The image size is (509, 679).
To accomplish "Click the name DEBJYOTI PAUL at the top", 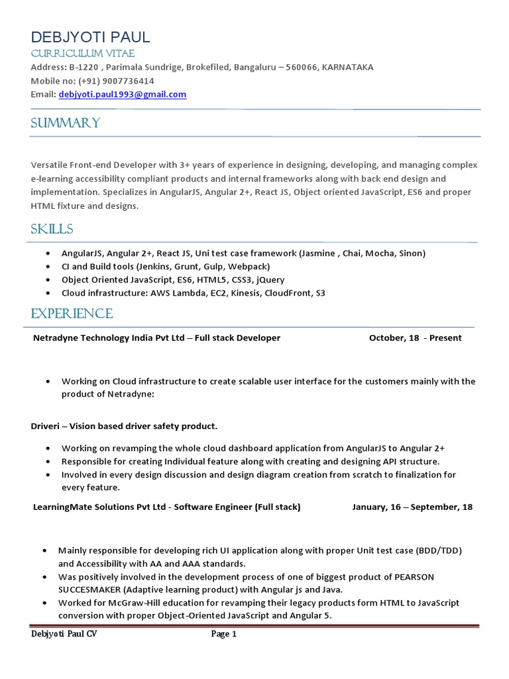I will coord(90,37).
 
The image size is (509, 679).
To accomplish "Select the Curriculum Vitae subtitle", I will coord(82,54).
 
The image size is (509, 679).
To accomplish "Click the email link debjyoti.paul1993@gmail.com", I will coord(123,95).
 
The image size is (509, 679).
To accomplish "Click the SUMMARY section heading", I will coord(66,123).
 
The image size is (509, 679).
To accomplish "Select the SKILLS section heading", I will coord(52,229).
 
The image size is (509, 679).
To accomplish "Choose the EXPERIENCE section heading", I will coord(72,314).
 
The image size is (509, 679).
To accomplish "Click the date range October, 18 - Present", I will coord(416,338).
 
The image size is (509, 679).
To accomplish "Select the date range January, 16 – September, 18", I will coord(412,507).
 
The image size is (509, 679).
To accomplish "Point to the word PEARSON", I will coord(414,577).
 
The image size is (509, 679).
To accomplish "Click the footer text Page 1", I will coord(224,635).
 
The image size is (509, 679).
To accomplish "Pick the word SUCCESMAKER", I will coord(89,589).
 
